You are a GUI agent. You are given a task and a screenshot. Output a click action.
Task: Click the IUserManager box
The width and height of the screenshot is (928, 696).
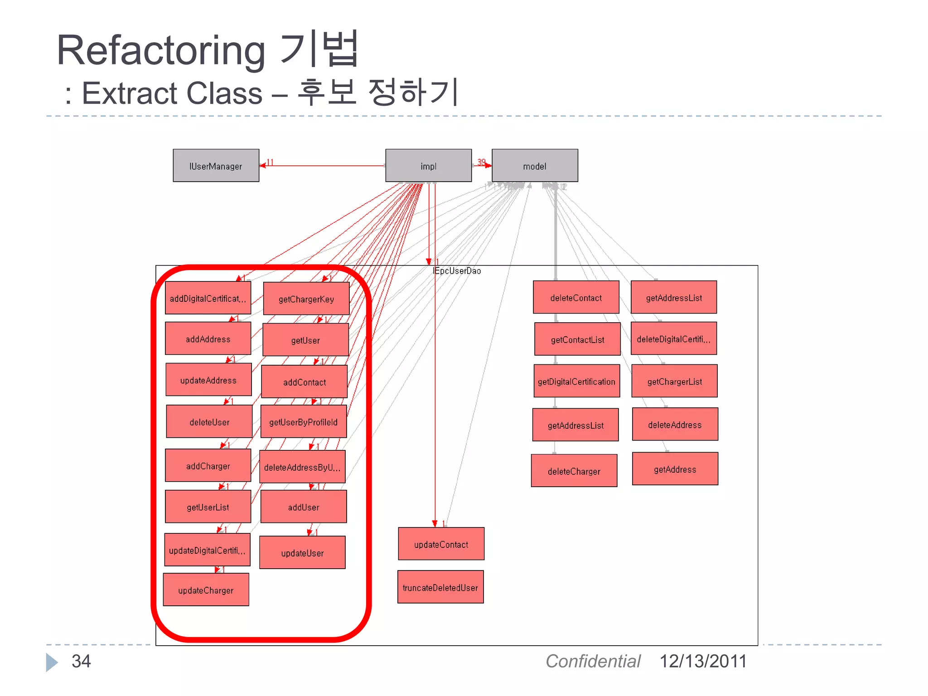(x=216, y=166)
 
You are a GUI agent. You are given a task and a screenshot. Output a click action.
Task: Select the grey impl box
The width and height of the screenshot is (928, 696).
(x=428, y=166)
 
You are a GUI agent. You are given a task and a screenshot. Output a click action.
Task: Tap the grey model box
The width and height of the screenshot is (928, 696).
(x=535, y=166)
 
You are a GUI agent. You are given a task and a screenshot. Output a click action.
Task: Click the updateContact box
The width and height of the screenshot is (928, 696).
(x=441, y=544)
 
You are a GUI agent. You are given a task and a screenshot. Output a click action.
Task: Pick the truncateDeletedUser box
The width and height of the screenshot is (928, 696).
(x=440, y=587)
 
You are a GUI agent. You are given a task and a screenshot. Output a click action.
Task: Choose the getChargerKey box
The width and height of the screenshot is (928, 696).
(x=306, y=299)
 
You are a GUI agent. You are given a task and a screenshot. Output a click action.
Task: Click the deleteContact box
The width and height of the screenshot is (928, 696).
(x=576, y=297)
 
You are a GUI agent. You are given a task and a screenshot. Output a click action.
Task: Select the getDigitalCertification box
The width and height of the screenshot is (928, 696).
(x=576, y=381)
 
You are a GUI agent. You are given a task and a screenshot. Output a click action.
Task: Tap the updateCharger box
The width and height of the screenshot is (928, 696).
(x=206, y=590)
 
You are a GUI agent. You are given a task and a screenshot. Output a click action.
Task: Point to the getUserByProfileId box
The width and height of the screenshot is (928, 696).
(x=304, y=421)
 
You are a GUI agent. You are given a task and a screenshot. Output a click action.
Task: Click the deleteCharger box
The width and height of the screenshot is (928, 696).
(x=574, y=471)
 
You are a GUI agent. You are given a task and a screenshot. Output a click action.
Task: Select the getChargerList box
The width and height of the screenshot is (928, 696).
(x=674, y=381)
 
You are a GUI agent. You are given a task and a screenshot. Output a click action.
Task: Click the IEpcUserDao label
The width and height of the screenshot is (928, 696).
(x=457, y=271)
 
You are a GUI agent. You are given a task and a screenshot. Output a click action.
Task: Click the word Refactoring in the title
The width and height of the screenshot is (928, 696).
(x=161, y=51)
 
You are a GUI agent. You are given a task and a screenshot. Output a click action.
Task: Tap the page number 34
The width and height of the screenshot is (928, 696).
(x=81, y=661)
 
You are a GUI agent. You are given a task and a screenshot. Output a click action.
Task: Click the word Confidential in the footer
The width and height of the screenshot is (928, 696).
(x=593, y=661)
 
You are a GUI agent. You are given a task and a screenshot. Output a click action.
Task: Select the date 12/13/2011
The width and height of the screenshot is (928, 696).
(x=702, y=661)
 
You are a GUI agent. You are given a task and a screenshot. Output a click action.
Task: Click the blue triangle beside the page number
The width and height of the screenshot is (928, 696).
(x=52, y=662)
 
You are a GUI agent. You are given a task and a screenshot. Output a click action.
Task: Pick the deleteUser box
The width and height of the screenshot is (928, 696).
(x=209, y=421)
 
